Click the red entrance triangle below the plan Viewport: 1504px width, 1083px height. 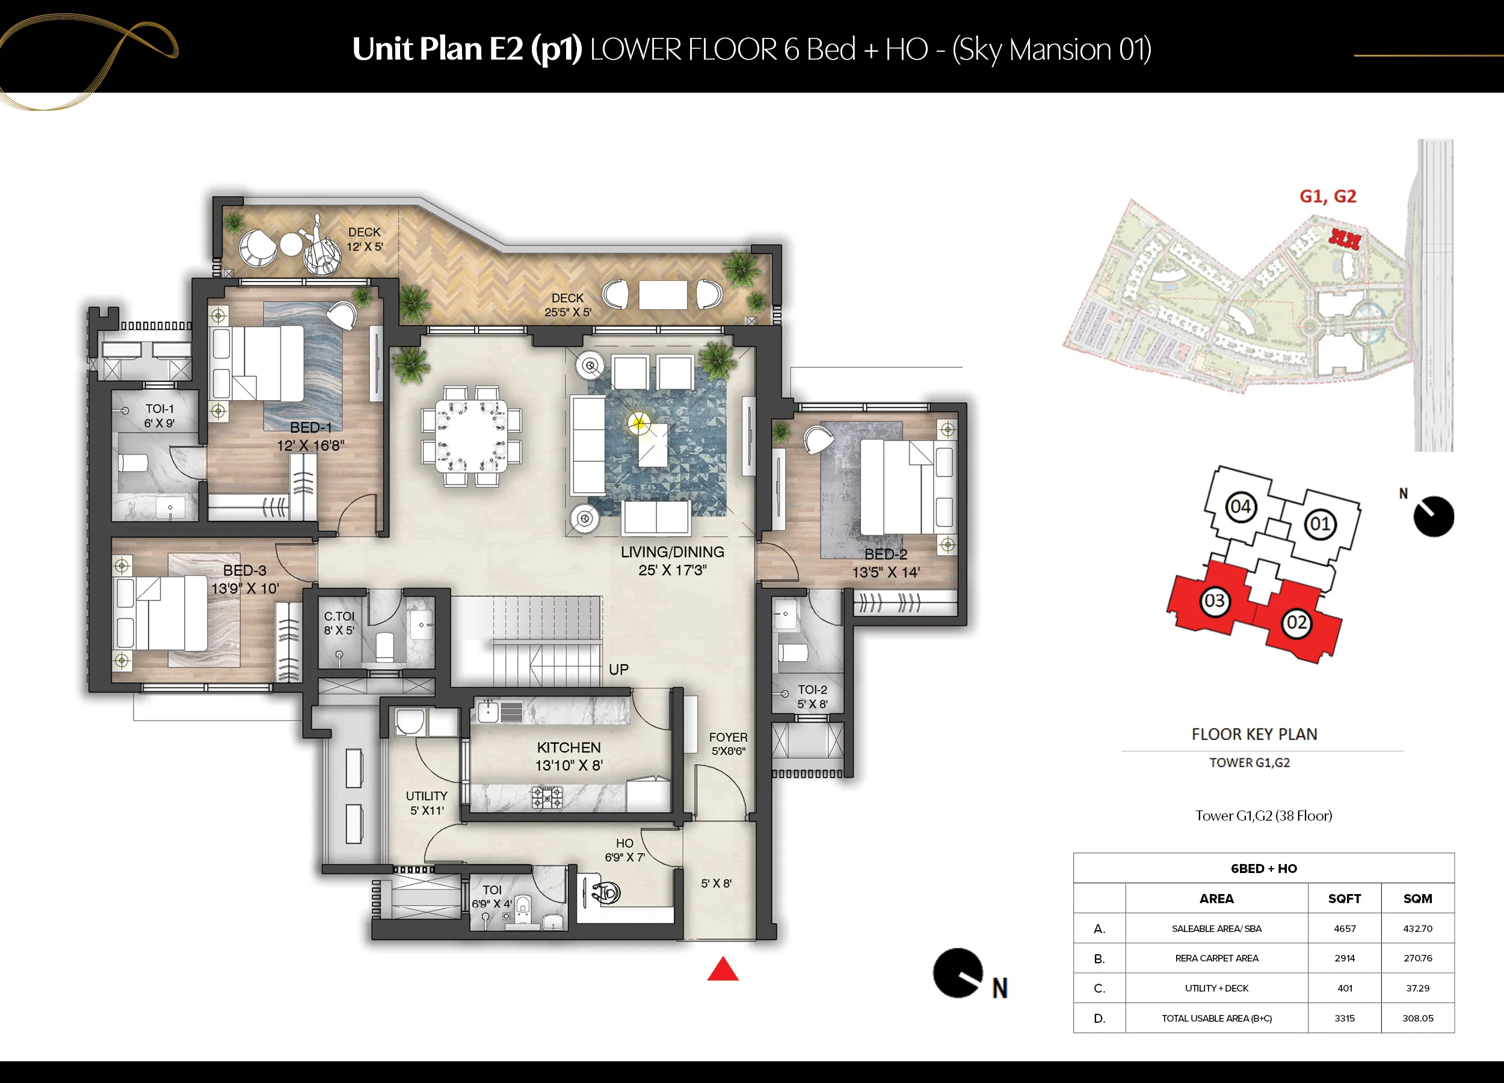[x=723, y=970]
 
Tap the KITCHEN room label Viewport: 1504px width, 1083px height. [x=569, y=747]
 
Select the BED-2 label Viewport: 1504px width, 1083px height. [x=886, y=554]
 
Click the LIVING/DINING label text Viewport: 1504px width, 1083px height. [x=673, y=552]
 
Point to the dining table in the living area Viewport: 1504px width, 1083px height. [x=471, y=435]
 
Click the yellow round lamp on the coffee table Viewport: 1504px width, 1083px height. [x=640, y=422]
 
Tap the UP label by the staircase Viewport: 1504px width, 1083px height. [x=618, y=670]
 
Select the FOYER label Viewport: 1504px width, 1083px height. [x=728, y=737]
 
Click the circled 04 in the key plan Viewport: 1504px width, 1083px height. [x=1240, y=507]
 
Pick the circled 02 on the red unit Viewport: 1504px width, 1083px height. [x=1296, y=623]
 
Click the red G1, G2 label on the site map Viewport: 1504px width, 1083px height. [x=1328, y=196]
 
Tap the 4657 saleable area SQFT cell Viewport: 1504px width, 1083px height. [x=1345, y=928]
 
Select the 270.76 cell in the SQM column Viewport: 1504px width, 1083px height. [x=1418, y=958]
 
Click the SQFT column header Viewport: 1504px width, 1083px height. [x=1345, y=899]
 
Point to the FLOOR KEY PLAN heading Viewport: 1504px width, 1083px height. [x=1255, y=734]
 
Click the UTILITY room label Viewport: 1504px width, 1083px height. [x=427, y=796]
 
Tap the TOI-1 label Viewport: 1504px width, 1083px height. [x=160, y=409]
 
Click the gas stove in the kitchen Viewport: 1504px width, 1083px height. [x=547, y=797]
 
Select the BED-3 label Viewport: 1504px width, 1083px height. [x=245, y=570]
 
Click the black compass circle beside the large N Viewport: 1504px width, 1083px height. [x=958, y=973]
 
